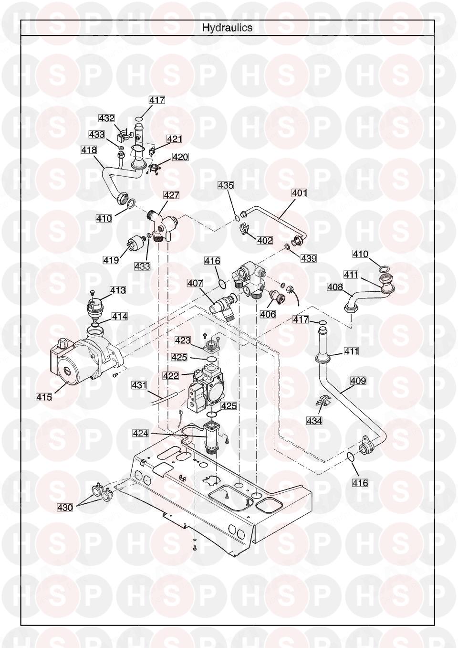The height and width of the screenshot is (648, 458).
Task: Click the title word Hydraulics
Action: coord(227,28)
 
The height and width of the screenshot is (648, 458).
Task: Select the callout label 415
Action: coord(44,397)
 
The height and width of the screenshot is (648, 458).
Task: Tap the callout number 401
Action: coord(299,193)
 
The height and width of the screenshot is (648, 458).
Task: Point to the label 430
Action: coord(65,508)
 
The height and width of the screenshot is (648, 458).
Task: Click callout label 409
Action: coord(358,381)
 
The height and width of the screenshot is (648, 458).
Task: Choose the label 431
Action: coord(139,384)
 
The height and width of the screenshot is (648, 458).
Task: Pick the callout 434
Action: coord(314,421)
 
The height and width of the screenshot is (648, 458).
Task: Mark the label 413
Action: coord(118,290)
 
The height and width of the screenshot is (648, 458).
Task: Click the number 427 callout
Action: coord(171,195)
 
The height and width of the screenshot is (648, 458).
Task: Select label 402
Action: coord(265,240)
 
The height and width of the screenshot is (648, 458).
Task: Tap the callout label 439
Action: coord(309,258)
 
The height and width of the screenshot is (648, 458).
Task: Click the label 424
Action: coord(141,433)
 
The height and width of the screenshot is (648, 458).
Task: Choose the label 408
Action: coord(335,287)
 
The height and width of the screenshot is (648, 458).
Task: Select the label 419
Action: coord(111,260)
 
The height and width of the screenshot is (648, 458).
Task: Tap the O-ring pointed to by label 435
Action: coord(237,218)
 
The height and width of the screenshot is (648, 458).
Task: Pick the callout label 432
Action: coord(106,118)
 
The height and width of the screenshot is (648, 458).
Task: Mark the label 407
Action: coord(195,283)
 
